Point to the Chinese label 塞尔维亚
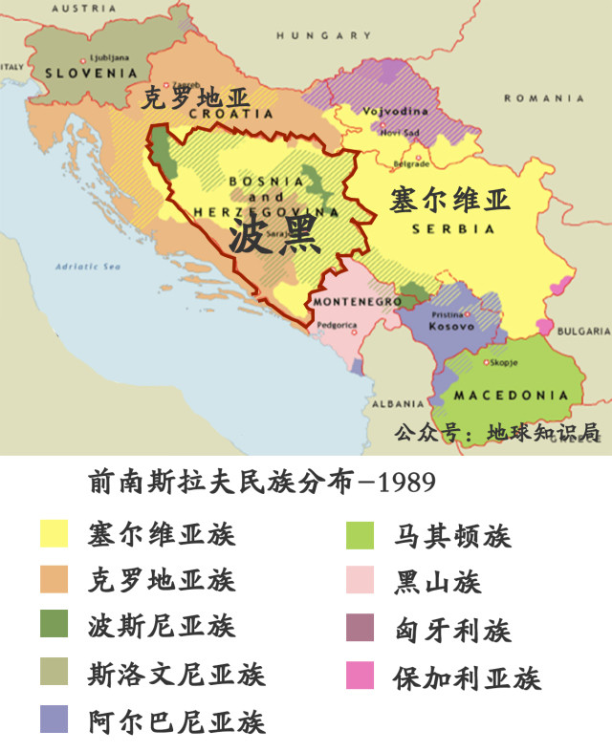coord(449,201)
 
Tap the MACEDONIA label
coord(511,395)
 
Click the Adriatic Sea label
coord(87,266)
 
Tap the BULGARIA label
coord(582,332)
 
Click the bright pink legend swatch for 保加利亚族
coord(360,676)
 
